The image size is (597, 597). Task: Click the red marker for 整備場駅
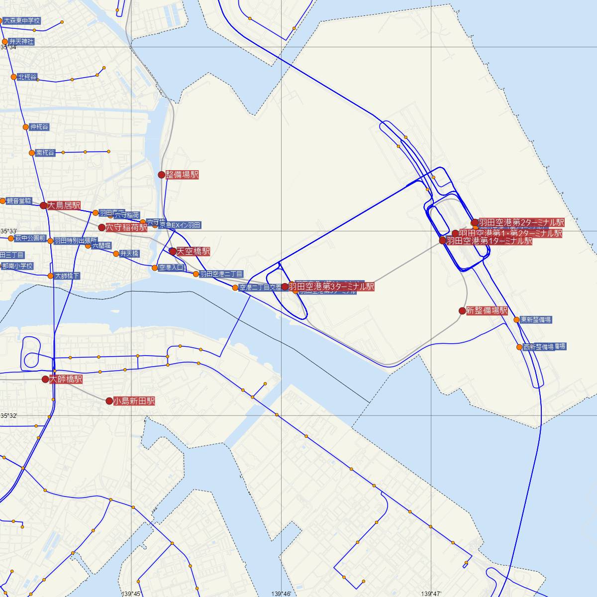click(161, 175)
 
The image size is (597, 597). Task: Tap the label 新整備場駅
click(487, 310)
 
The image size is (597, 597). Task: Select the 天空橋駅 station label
click(193, 252)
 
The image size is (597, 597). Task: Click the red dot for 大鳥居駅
click(44, 205)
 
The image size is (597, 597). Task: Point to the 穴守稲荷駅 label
click(126, 227)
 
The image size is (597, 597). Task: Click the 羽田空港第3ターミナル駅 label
click(331, 287)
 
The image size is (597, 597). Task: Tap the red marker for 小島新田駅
click(109, 400)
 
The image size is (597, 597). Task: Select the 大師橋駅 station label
click(66, 379)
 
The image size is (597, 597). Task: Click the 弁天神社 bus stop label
click(21, 42)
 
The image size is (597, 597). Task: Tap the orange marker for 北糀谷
click(13, 77)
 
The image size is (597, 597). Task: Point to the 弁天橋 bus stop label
click(129, 254)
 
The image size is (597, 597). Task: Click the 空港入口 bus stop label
click(171, 268)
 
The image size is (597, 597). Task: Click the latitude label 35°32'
click(9, 415)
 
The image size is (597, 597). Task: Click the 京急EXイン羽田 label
click(180, 225)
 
